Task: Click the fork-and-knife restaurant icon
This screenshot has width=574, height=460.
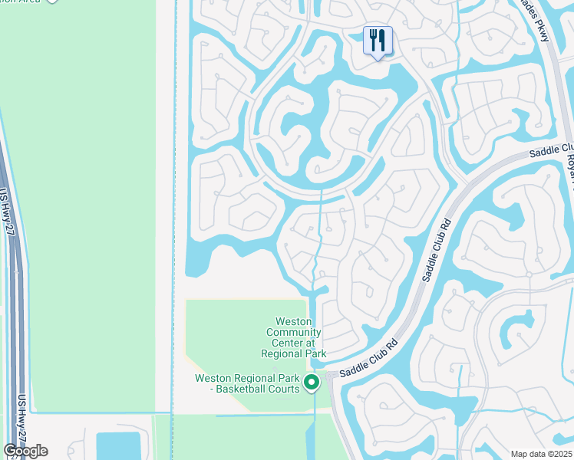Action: (x=377, y=41)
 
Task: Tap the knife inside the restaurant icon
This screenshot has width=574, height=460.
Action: (x=381, y=41)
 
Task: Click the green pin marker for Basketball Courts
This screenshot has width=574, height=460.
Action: (x=312, y=383)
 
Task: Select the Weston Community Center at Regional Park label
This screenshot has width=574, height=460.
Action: (x=294, y=337)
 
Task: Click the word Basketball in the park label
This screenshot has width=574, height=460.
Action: (x=245, y=389)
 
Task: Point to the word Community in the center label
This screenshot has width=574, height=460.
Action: (x=294, y=332)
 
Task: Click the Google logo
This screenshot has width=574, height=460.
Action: (x=25, y=451)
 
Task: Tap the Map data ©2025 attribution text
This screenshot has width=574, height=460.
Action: (x=541, y=454)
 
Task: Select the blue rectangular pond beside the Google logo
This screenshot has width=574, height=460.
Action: (x=118, y=446)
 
